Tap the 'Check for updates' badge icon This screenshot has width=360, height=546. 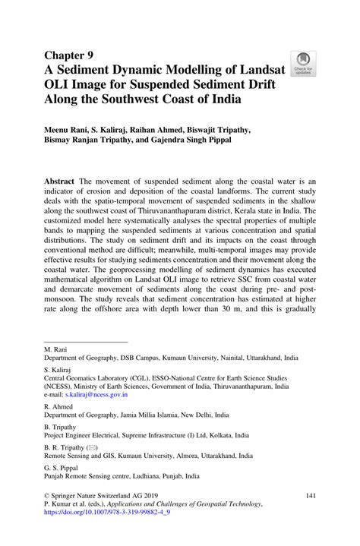tap(304, 63)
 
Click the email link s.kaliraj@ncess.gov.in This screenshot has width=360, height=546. tap(96, 395)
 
